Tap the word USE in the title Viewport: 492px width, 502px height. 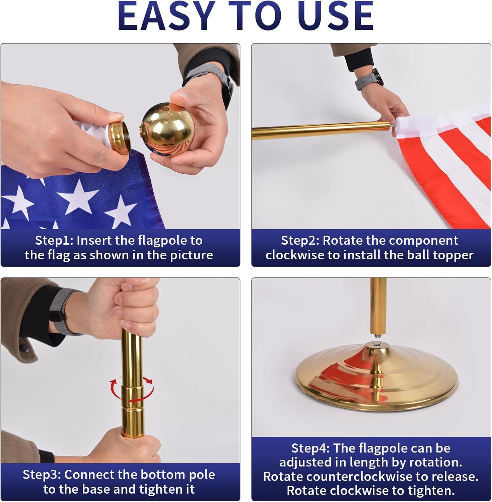[x=333, y=15]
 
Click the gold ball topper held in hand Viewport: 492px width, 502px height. [x=162, y=129]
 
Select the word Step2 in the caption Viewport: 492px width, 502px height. [x=300, y=241]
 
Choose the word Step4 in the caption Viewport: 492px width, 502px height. [x=310, y=448]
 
